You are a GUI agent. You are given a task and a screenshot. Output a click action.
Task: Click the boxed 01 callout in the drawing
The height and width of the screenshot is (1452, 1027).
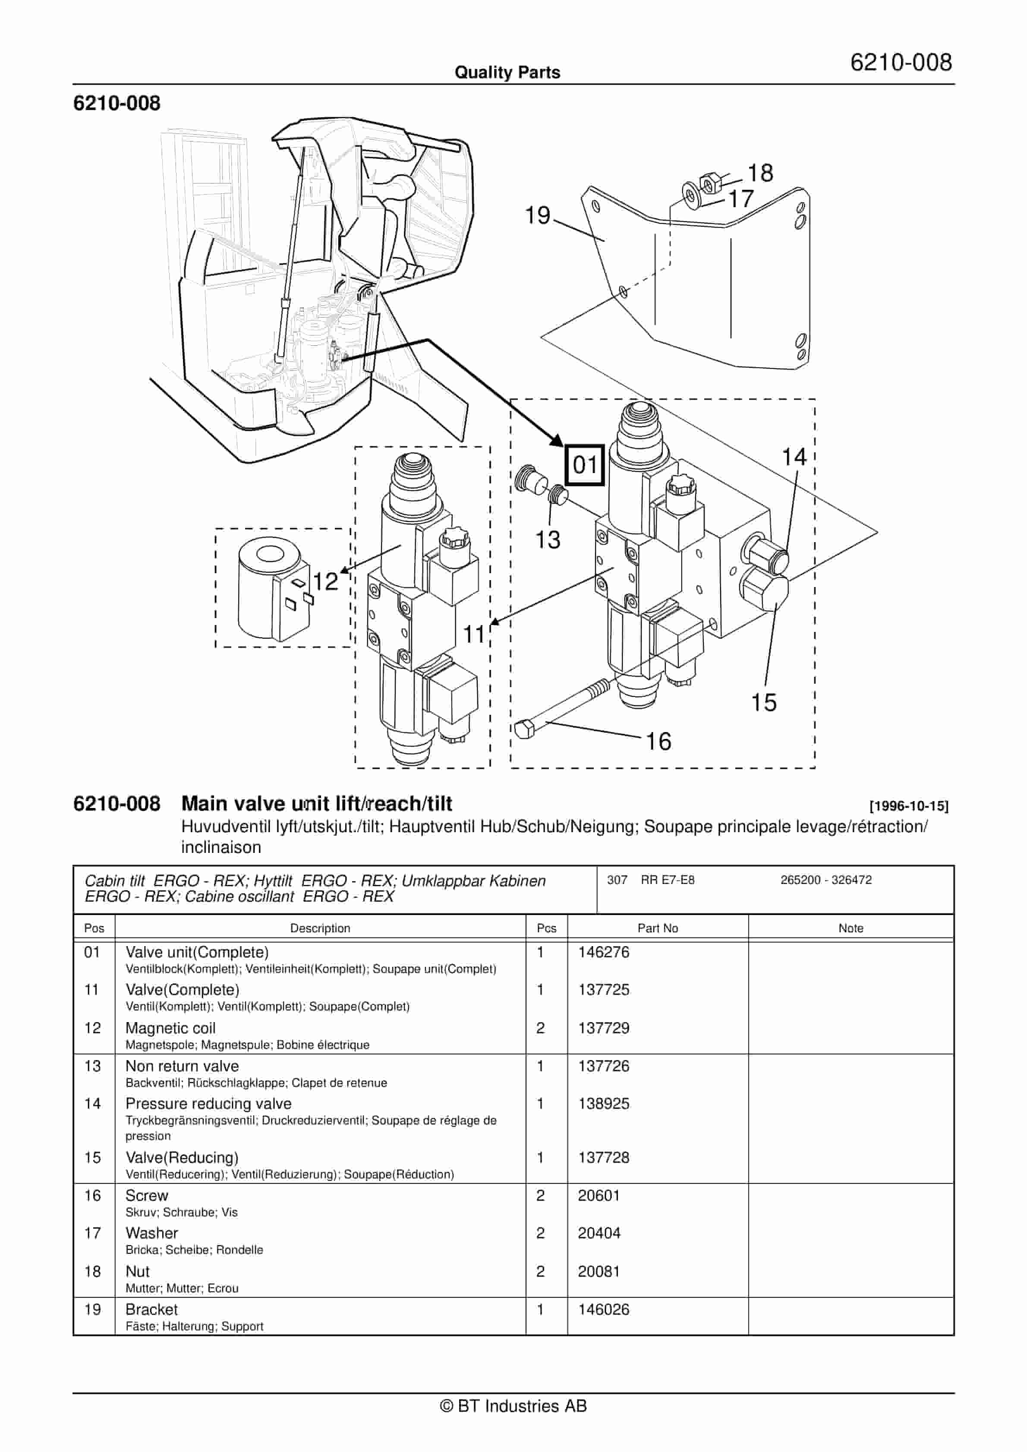584,465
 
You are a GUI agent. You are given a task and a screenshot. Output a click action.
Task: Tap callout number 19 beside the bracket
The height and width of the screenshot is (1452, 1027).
538,216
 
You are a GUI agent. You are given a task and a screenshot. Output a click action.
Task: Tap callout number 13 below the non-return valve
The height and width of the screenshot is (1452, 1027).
548,540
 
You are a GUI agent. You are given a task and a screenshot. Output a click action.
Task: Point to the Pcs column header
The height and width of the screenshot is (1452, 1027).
546,928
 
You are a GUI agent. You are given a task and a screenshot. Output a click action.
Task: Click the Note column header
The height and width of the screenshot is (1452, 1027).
851,928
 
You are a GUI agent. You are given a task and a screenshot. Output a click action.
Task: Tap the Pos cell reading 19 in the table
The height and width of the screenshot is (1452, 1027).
92,1309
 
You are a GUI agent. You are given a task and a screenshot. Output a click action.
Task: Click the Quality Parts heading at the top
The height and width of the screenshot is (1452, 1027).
507,72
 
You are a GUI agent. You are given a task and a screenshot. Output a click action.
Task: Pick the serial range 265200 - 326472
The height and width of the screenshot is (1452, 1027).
826,880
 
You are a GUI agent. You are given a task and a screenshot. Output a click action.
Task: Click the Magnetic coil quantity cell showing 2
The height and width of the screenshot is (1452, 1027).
540,1028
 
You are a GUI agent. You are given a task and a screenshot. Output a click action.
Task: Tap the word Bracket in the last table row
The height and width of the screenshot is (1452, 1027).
152,1309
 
